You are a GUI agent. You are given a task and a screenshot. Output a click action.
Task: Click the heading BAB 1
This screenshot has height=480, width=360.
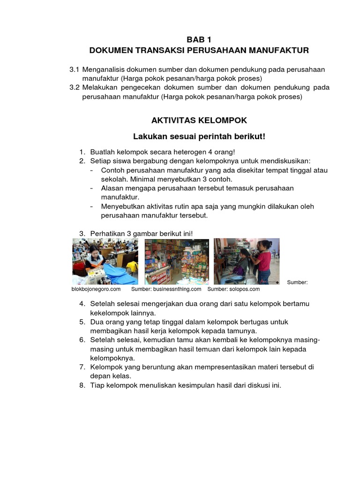[x=199, y=40]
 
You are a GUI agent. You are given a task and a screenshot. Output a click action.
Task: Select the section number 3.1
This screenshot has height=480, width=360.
[x=75, y=69]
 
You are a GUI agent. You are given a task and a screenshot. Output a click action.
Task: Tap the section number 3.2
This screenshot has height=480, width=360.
[x=75, y=88]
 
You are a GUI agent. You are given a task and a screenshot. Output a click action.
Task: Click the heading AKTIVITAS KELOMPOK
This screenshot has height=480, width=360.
[x=199, y=120]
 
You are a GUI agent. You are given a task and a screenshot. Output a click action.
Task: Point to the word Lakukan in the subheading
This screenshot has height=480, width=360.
[x=150, y=136]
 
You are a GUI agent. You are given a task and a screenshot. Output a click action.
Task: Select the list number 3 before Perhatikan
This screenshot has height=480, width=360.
[x=82, y=233]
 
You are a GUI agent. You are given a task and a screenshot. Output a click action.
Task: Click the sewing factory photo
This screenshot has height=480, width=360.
[x=105, y=261]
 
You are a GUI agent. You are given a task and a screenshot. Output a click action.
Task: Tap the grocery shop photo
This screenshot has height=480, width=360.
[x=177, y=261]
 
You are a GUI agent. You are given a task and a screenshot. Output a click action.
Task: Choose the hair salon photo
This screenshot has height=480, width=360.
[x=247, y=261]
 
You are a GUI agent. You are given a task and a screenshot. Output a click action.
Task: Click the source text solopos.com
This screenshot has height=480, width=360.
[x=244, y=289]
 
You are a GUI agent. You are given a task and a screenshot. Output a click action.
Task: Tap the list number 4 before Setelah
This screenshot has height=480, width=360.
[x=82, y=304]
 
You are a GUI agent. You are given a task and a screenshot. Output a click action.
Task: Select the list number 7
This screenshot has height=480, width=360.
[x=82, y=367]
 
